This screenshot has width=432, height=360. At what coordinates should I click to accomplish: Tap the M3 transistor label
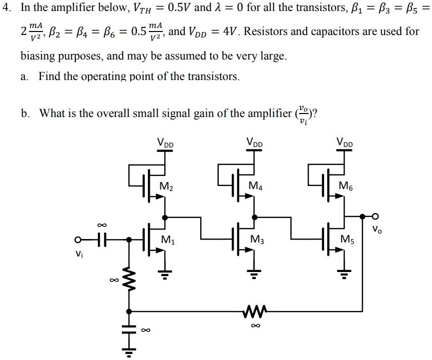tap(256, 239)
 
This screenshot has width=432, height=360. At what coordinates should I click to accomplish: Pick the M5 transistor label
tap(346, 239)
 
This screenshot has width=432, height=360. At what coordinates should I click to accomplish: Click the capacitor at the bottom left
tap(130, 330)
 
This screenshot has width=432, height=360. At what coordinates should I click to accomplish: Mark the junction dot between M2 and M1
tap(165, 217)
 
